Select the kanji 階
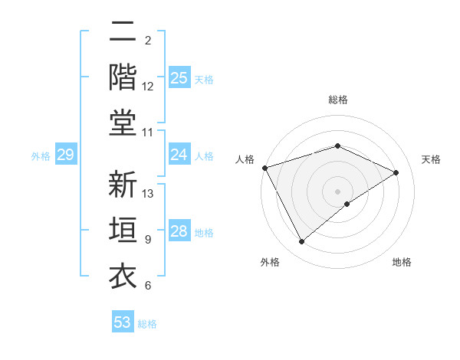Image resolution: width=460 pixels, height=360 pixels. click(123, 77)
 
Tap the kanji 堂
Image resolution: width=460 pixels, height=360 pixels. click(123, 123)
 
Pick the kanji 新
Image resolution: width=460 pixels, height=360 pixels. click(123, 185)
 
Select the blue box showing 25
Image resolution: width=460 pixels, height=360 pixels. click(179, 77)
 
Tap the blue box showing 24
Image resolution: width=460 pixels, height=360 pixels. click(179, 155)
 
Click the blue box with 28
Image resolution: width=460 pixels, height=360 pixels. click(179, 232)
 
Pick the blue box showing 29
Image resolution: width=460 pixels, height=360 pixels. click(65, 155)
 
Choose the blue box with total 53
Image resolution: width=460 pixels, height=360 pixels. click(123, 322)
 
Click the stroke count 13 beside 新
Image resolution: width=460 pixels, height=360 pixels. click(149, 193)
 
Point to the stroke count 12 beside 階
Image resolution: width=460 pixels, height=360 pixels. click(148, 87)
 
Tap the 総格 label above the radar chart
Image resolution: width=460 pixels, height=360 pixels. click(337, 100)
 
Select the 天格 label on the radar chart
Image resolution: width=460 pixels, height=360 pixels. click(431, 159)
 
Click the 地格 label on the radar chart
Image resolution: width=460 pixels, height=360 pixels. click(402, 262)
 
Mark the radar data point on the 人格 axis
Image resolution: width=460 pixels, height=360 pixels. click(264, 168)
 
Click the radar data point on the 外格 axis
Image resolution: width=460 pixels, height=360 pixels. click(301, 242)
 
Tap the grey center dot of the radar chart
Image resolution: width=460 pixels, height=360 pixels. click(337, 191)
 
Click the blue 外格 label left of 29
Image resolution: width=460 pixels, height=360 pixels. click(41, 156)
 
